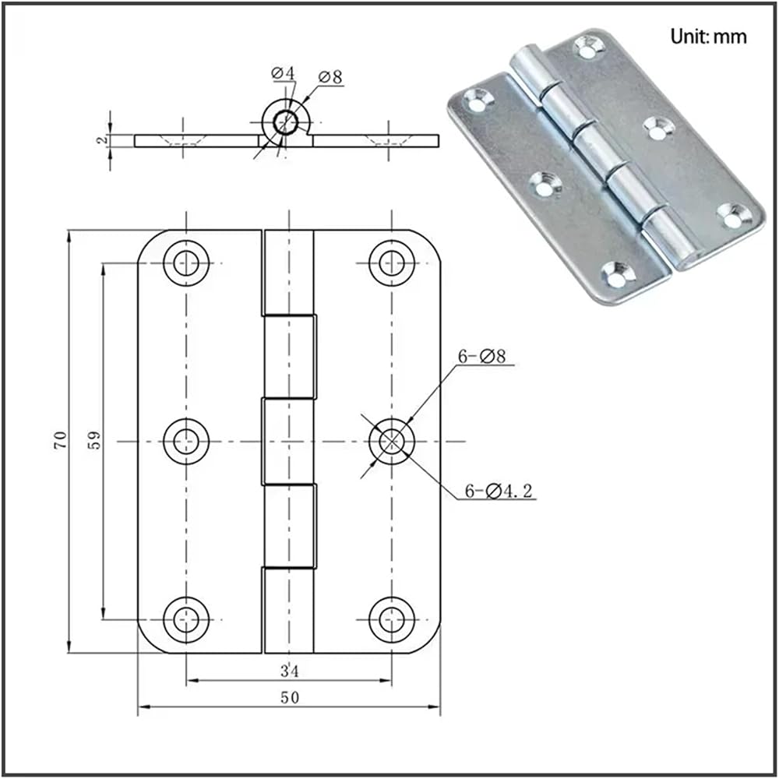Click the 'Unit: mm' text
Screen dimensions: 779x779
708,37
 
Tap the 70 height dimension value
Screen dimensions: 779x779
62,439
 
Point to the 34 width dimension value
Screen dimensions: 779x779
289,669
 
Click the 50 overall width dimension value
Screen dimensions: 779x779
289,697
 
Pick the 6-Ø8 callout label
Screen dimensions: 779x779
482,357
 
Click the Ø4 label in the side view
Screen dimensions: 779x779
283,73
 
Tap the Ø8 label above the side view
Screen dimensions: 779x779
330,77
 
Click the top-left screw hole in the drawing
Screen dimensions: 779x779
185,263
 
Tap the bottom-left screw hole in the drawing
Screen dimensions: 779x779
185,619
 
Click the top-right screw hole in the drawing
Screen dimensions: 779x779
391,263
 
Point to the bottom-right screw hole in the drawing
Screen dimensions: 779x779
391,619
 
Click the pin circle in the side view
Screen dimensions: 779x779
286,122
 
